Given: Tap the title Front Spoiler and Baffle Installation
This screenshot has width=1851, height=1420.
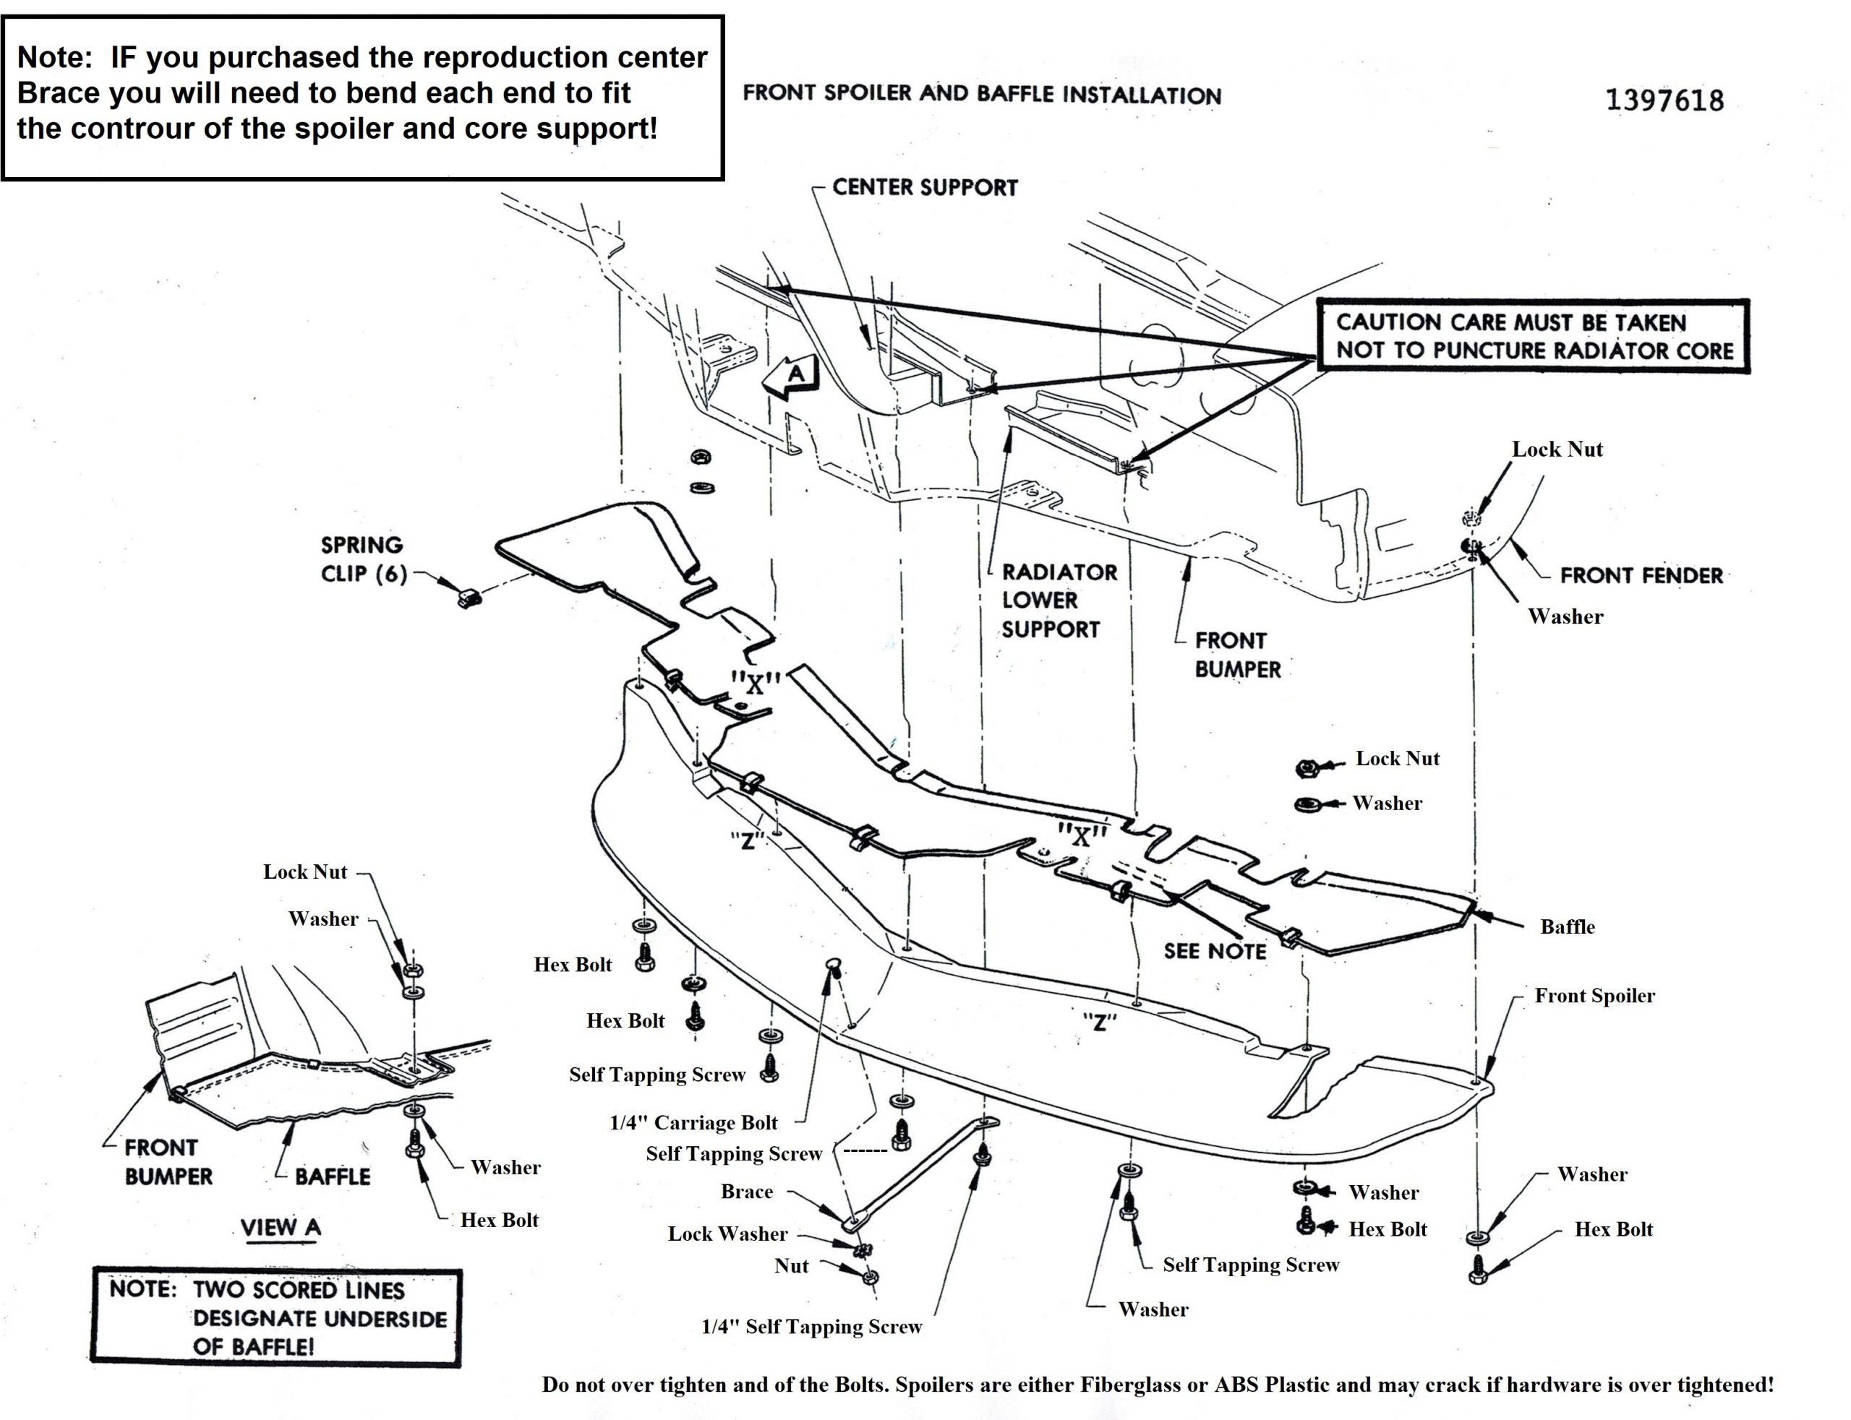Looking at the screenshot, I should (x=982, y=95).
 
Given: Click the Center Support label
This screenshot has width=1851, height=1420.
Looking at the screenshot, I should (x=924, y=186).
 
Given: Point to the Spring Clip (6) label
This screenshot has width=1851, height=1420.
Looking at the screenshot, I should (x=362, y=559).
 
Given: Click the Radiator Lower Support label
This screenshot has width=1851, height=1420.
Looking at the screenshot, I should (x=1058, y=600).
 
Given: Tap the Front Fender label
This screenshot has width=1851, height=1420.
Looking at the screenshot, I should (x=1641, y=576).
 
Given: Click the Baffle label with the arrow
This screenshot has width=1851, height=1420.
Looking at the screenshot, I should (x=1567, y=926).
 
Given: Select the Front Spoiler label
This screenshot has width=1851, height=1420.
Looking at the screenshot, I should (x=1594, y=996).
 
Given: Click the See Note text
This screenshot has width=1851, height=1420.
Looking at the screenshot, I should (x=1214, y=951).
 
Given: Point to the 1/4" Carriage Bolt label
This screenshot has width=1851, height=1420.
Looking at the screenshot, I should (x=693, y=1122).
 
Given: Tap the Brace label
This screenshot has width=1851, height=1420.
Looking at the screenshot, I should (x=747, y=1192).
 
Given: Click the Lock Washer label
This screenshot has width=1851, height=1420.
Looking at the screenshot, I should (x=727, y=1234).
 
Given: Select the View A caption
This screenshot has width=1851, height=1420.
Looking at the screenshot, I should (x=281, y=1227).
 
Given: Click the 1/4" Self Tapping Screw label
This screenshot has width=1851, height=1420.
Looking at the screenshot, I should (x=812, y=1327).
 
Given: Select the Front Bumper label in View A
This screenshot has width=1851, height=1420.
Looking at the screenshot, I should (x=168, y=1161).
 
